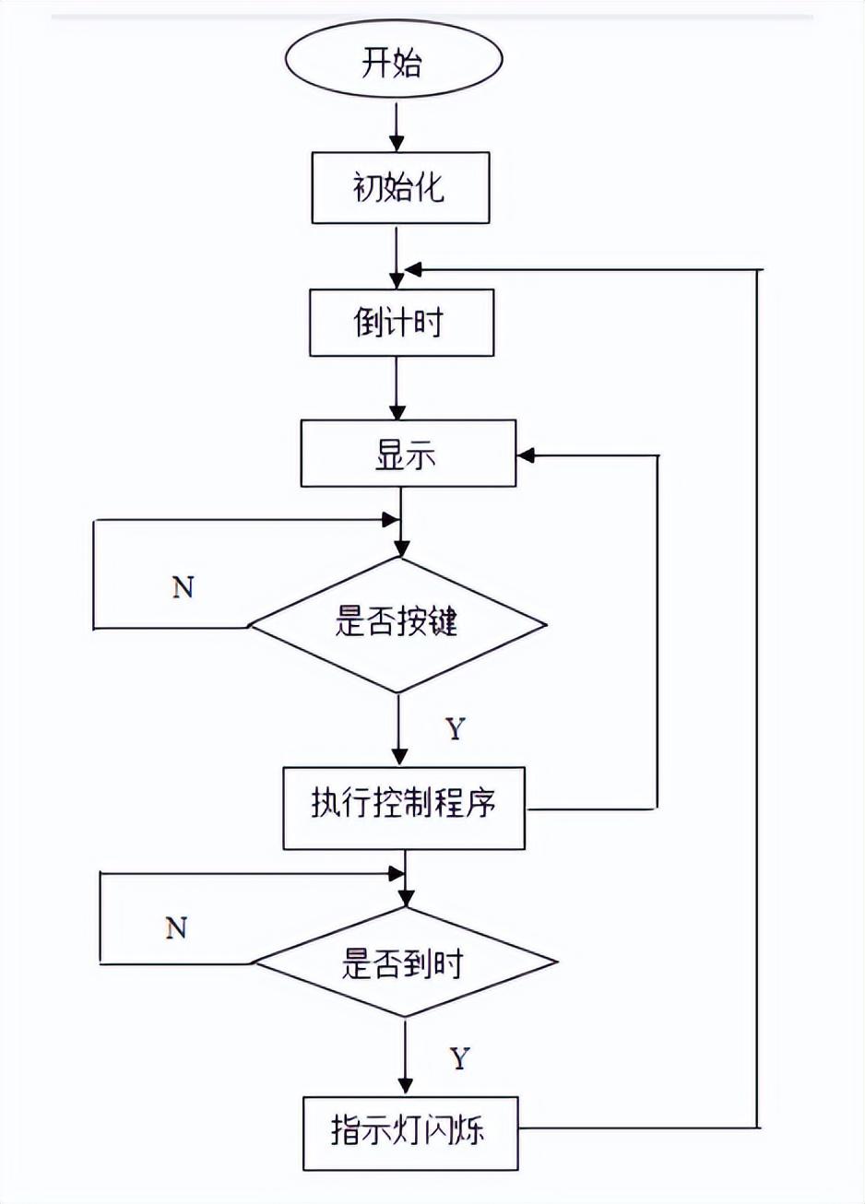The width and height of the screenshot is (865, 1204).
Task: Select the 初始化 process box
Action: pos(400,188)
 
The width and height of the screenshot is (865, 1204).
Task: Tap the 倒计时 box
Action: pos(401,323)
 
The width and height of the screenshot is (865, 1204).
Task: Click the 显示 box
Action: pos(408,454)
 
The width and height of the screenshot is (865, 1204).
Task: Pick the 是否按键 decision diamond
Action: pos(398,624)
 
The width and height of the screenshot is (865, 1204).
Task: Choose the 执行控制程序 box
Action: pos(403,808)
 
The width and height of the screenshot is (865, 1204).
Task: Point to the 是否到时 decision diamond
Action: pos(405,963)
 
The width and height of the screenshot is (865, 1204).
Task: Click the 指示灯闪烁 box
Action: pos(409,1132)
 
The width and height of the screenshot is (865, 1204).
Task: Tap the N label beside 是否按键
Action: pos(183,586)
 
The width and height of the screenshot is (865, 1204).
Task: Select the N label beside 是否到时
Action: pos(176,927)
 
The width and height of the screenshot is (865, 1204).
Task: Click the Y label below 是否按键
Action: pos(455,729)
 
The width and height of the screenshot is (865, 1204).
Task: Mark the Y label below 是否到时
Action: pos(459,1057)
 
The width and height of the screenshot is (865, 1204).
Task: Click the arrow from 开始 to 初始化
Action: pos(397,127)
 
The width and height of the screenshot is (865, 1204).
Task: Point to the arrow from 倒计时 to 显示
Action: pos(397,387)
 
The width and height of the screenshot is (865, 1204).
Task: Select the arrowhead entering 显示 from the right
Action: pos(527,454)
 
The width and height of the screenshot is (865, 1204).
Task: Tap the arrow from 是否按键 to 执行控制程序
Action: pos(398,728)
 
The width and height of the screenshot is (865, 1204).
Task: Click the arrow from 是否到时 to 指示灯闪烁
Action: pos(405,1056)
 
